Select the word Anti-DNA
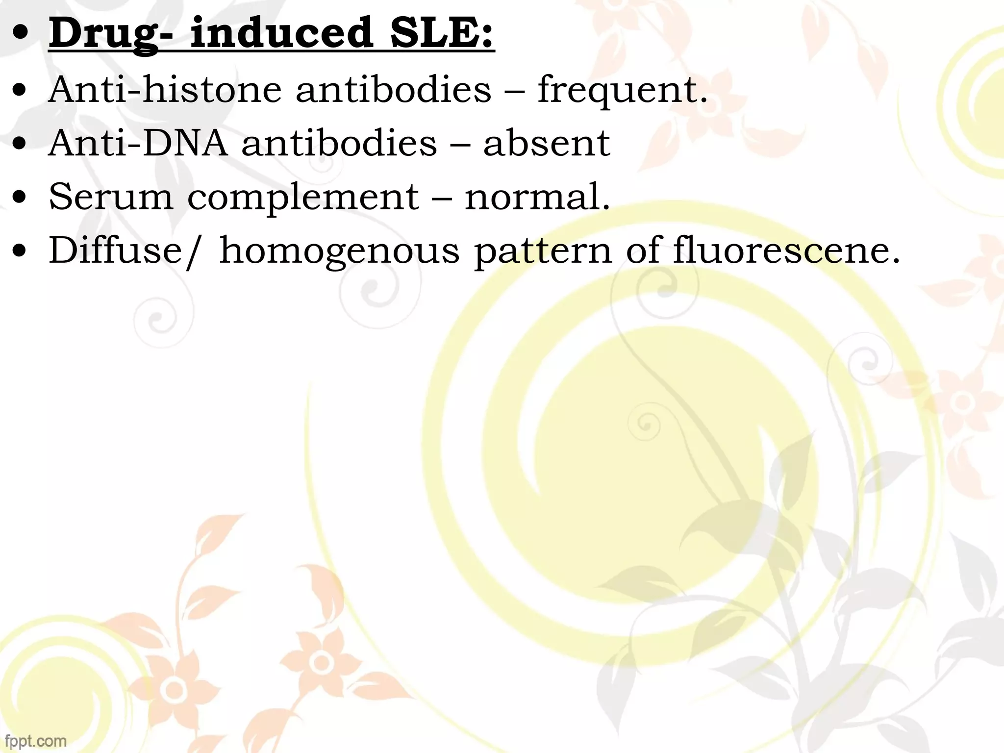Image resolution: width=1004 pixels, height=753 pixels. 138,144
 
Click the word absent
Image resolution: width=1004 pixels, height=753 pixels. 547,144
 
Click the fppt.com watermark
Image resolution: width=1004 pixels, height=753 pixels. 35,740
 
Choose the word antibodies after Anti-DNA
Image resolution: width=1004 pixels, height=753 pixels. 339,144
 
